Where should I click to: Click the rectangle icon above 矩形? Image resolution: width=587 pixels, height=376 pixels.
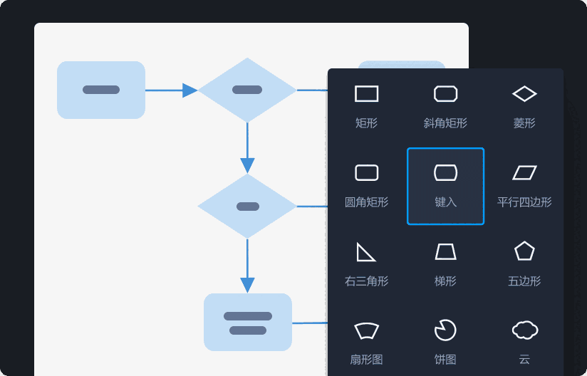(366, 94)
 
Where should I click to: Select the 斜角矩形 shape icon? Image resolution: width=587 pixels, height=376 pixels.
(445, 94)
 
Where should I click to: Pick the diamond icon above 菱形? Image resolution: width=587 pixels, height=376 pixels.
(524, 94)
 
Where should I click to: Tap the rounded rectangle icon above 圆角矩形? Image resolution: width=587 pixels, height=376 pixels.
(366, 172)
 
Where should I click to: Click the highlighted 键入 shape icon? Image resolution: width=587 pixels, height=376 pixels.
(445, 172)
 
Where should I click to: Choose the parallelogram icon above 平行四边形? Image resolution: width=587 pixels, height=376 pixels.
(524, 172)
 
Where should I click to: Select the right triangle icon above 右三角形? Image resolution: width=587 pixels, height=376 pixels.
(365, 252)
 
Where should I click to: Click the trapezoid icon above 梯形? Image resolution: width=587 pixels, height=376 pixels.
(445, 251)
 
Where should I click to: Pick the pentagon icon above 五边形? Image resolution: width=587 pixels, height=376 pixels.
(524, 251)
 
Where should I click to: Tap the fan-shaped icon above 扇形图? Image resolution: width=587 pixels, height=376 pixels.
(366, 330)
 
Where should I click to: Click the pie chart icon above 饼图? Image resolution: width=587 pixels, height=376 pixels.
(445, 330)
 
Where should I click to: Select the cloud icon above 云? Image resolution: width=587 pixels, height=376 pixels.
(524, 330)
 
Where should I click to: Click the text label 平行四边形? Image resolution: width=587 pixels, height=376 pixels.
(524, 202)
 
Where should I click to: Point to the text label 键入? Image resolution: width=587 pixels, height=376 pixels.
(445, 202)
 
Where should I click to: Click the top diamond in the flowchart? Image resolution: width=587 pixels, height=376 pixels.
(247, 90)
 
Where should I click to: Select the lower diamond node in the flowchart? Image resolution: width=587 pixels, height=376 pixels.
(247, 207)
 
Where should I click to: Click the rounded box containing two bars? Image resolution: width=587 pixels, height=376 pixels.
(248, 322)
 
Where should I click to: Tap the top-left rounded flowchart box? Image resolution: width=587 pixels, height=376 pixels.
(101, 90)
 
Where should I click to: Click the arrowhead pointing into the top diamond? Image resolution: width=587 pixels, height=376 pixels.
(189, 90)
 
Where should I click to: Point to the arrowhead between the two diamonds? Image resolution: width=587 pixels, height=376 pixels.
(247, 165)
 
